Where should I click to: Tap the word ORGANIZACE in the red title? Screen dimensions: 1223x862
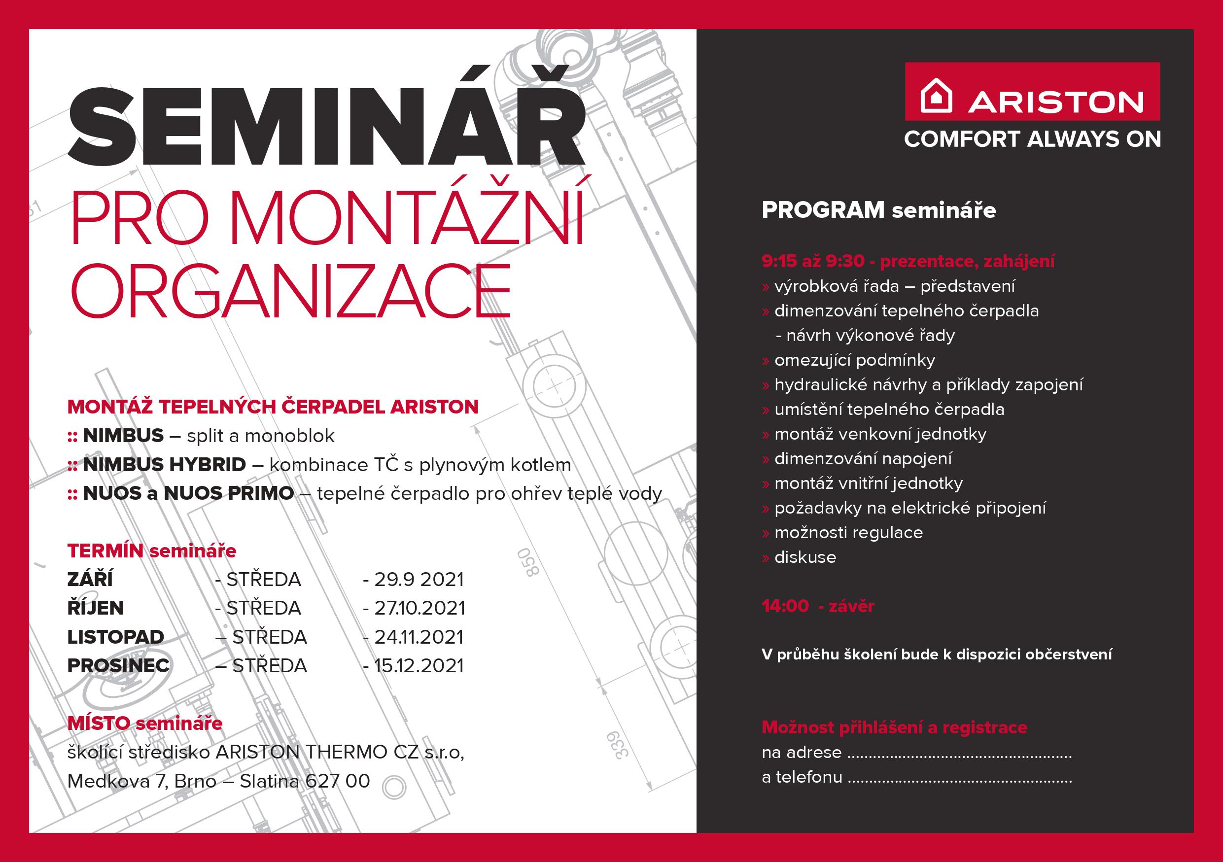point(291,291)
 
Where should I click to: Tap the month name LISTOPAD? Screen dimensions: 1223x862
point(115,637)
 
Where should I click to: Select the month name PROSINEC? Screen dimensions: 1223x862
point(118,666)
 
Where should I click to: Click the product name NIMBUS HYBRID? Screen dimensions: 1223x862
point(165,465)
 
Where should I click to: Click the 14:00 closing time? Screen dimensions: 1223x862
point(785,606)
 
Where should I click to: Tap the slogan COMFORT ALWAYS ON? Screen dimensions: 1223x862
point(1032,139)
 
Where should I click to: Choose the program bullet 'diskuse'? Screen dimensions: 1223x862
point(805,557)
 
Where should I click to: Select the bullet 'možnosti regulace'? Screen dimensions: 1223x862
point(848,533)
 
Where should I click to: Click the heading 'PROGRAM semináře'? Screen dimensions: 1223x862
point(879,210)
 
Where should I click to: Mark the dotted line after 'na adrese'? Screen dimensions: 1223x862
point(959,757)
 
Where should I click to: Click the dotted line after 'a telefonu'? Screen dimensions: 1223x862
point(959,782)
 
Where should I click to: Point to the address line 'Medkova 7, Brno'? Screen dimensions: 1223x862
point(141,781)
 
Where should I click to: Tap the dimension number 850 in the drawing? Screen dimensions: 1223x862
point(529,562)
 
